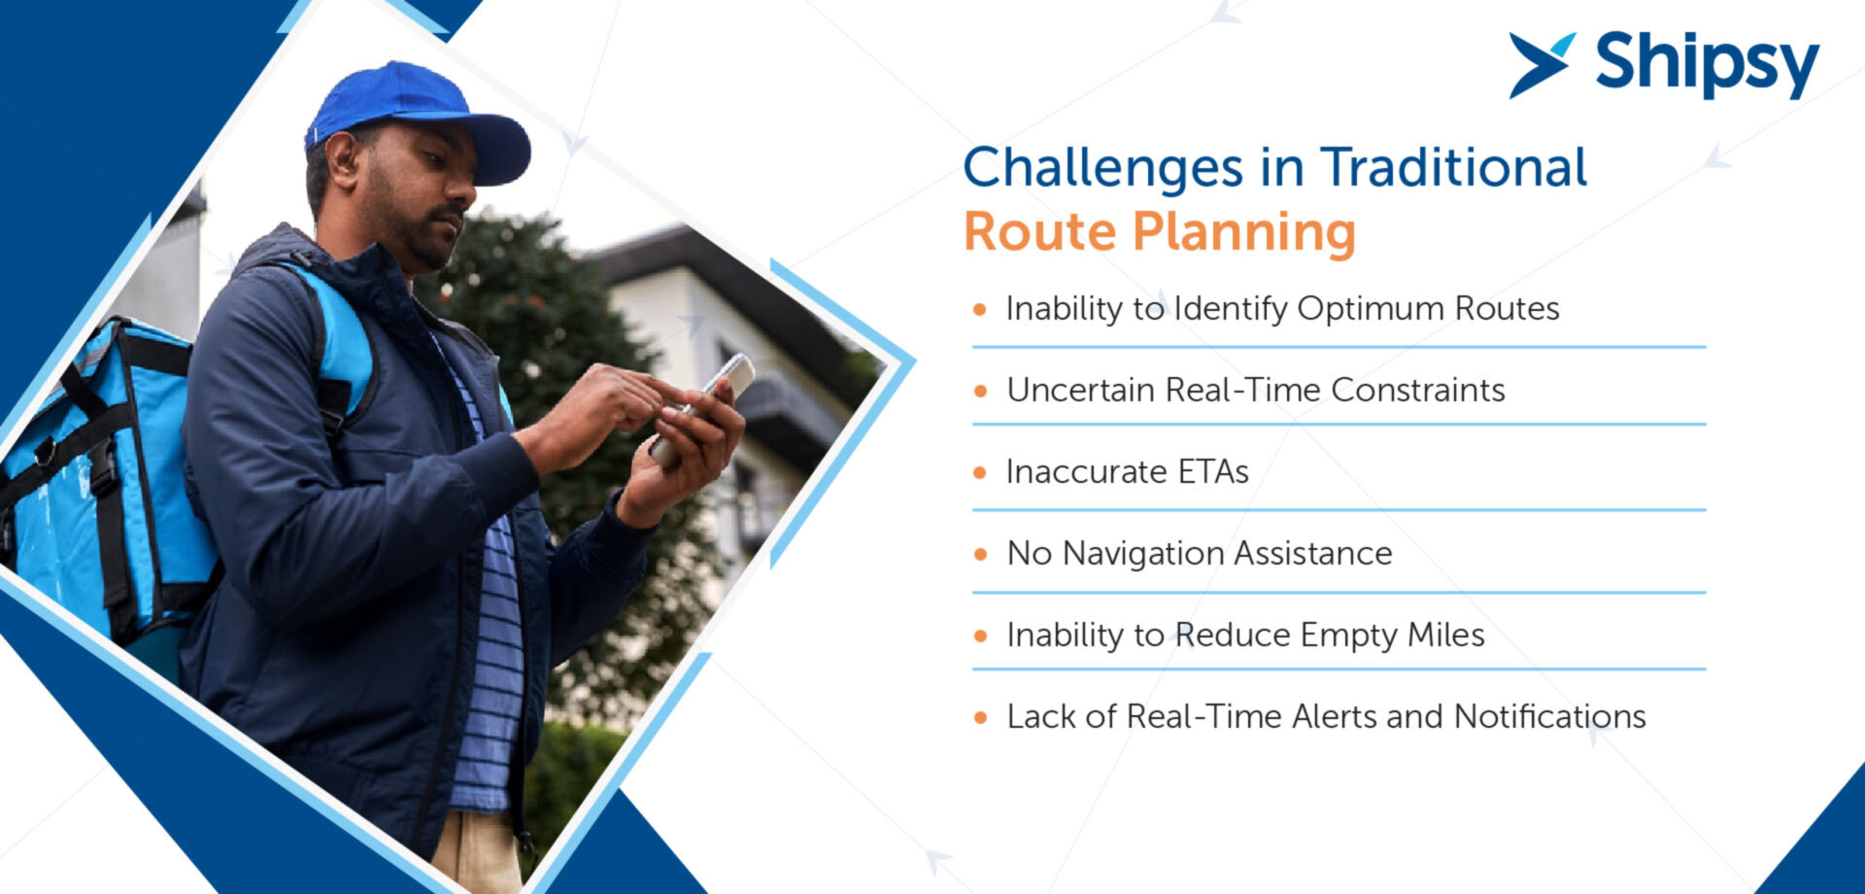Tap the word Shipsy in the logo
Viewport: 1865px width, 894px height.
coord(1707,64)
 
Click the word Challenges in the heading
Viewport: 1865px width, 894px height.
coord(1102,168)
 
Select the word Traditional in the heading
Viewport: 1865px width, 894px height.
coord(1453,167)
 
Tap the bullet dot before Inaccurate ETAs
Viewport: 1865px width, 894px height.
coord(980,473)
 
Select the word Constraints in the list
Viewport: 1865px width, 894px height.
coord(1418,390)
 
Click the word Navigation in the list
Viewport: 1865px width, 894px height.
coord(1143,554)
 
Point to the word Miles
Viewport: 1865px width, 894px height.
coord(1446,635)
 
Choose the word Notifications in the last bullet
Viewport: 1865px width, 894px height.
coord(1550,716)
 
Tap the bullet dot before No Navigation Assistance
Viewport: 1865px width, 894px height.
coord(980,555)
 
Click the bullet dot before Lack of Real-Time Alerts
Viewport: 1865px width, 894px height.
coord(980,718)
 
